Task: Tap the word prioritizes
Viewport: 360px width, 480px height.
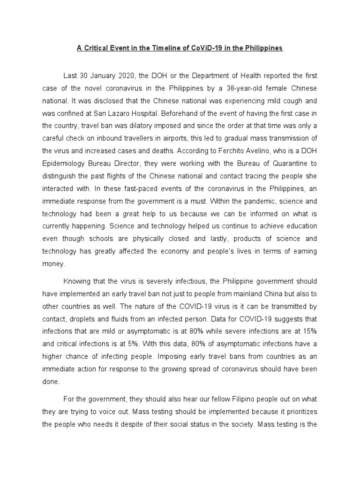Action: coord(299,411)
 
